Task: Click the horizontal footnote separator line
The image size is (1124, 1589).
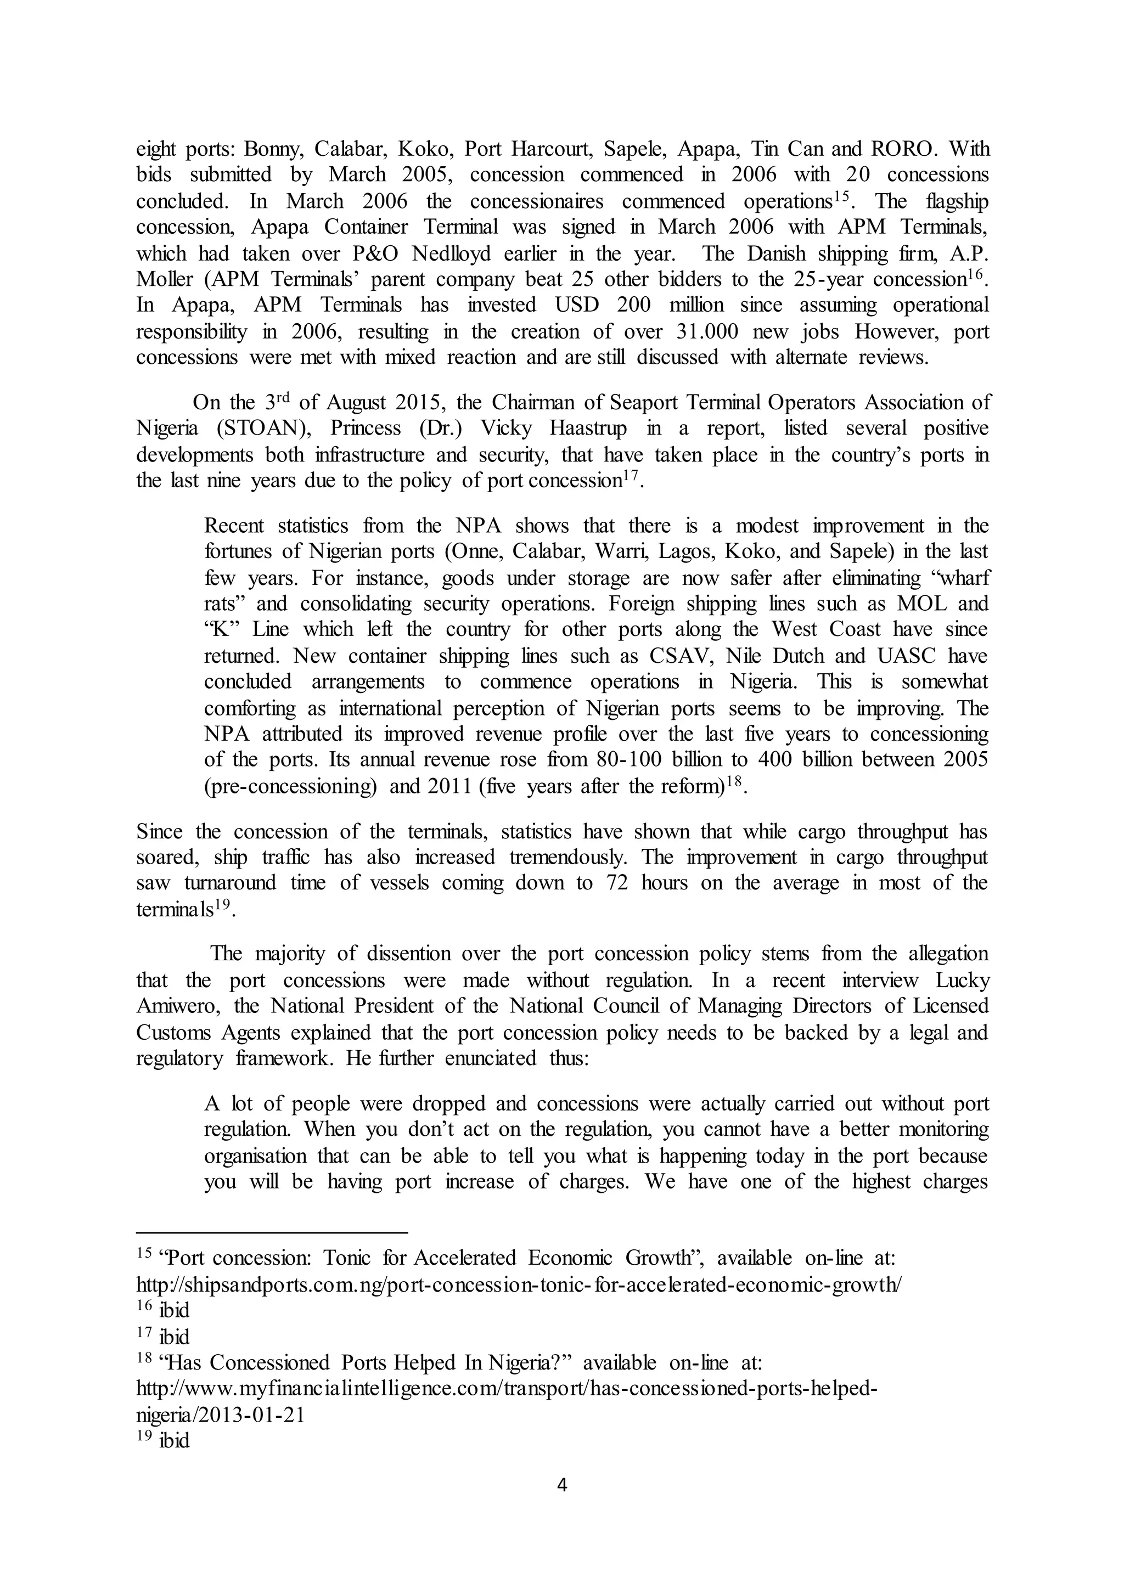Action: pos(272,1232)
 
